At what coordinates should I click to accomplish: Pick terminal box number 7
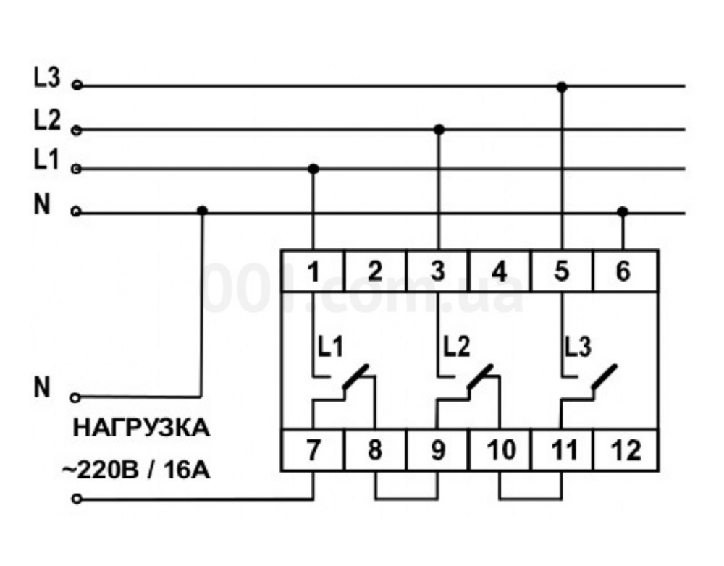pyautogui.click(x=313, y=450)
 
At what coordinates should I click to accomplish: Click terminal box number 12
pyautogui.click(x=626, y=450)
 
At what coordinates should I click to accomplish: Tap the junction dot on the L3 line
pyautogui.click(x=562, y=87)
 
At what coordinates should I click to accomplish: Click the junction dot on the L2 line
pyautogui.click(x=438, y=130)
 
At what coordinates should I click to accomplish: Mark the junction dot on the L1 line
pyautogui.click(x=313, y=169)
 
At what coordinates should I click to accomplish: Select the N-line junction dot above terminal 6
pyautogui.click(x=623, y=211)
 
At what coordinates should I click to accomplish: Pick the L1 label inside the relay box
pyautogui.click(x=329, y=347)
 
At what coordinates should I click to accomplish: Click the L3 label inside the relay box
pyautogui.click(x=578, y=347)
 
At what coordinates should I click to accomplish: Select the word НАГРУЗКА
pyautogui.click(x=141, y=428)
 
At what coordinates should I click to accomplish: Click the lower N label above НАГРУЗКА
pyautogui.click(x=43, y=389)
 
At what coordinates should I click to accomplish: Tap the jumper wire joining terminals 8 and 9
pyautogui.click(x=406, y=498)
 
